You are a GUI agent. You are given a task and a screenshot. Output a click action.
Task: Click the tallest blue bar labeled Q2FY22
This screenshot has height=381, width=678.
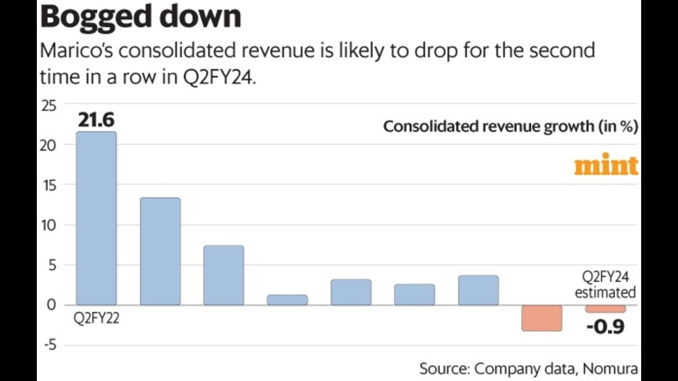tap(96, 218)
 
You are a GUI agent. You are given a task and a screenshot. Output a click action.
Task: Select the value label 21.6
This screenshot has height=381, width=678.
tap(96, 120)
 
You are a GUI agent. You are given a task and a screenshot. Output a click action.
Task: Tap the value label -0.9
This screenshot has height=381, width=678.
tap(606, 326)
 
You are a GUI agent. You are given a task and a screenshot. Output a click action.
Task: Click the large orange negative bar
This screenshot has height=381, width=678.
tap(542, 318)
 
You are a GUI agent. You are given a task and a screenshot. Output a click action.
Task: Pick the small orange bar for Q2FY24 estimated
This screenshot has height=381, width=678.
tap(606, 309)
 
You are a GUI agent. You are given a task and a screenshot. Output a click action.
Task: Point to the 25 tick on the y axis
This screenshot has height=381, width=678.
tap(49, 105)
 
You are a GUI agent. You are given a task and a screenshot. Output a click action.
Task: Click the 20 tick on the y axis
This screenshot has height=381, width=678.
tap(48, 145)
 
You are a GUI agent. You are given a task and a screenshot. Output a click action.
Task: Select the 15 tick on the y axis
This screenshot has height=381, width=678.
tap(49, 185)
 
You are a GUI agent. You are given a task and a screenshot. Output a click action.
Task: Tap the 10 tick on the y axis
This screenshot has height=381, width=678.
tap(48, 225)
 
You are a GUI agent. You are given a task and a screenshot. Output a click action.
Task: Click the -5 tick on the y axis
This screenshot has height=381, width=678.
tap(50, 345)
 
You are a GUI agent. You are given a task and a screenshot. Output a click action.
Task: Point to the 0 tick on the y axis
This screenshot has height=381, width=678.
tap(51, 305)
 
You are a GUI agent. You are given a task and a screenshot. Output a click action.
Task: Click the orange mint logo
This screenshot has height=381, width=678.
tap(606, 165)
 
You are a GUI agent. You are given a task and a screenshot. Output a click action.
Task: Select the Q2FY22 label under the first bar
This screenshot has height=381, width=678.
tap(96, 318)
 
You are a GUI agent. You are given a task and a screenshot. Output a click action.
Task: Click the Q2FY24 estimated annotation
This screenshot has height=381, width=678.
tap(605, 284)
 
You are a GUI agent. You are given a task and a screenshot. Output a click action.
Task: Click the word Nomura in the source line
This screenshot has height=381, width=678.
tap(610, 369)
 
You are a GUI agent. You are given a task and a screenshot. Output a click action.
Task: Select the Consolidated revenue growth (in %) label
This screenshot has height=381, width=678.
tap(510, 127)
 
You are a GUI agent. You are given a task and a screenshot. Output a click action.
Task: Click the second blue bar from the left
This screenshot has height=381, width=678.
tap(160, 251)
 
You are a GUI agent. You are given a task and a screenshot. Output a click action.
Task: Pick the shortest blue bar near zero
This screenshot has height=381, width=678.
tap(287, 300)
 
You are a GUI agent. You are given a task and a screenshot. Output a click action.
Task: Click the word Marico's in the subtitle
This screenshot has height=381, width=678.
tap(76, 51)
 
